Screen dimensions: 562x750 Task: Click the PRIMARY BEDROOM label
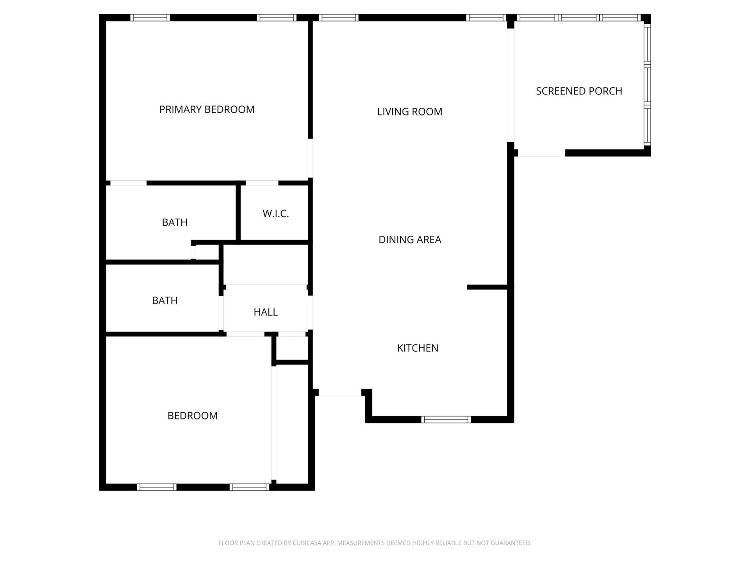tap(207, 109)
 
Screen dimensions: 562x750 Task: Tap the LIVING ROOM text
tap(410, 112)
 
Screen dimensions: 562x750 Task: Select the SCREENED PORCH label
tap(579, 91)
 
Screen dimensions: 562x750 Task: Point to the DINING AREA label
tap(410, 239)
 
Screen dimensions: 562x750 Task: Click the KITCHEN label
tap(418, 348)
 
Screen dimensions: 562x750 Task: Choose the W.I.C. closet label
tap(275, 213)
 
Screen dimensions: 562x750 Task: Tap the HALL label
tap(266, 312)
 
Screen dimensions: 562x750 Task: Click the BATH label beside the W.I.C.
tap(175, 222)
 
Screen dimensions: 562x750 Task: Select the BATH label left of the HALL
tap(165, 300)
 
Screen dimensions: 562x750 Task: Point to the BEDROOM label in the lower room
tap(193, 416)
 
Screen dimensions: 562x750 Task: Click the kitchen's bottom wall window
tap(446, 420)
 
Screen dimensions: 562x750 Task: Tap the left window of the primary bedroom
tap(150, 18)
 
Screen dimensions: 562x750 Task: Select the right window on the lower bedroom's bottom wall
tap(249, 487)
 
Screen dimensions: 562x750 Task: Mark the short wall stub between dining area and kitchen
tap(487, 287)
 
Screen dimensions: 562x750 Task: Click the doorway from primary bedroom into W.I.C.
tap(262, 183)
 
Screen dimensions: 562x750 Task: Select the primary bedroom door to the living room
tap(311, 158)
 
